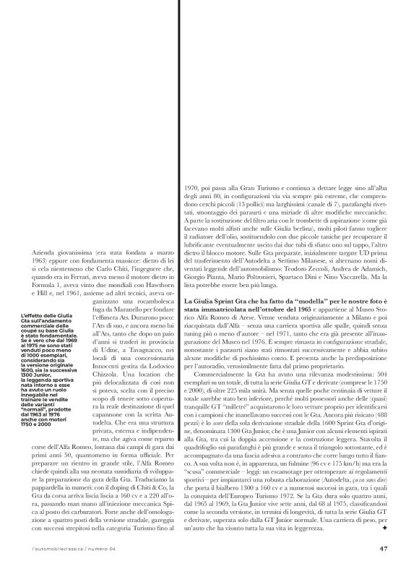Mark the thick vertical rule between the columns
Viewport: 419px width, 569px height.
click(177, 361)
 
